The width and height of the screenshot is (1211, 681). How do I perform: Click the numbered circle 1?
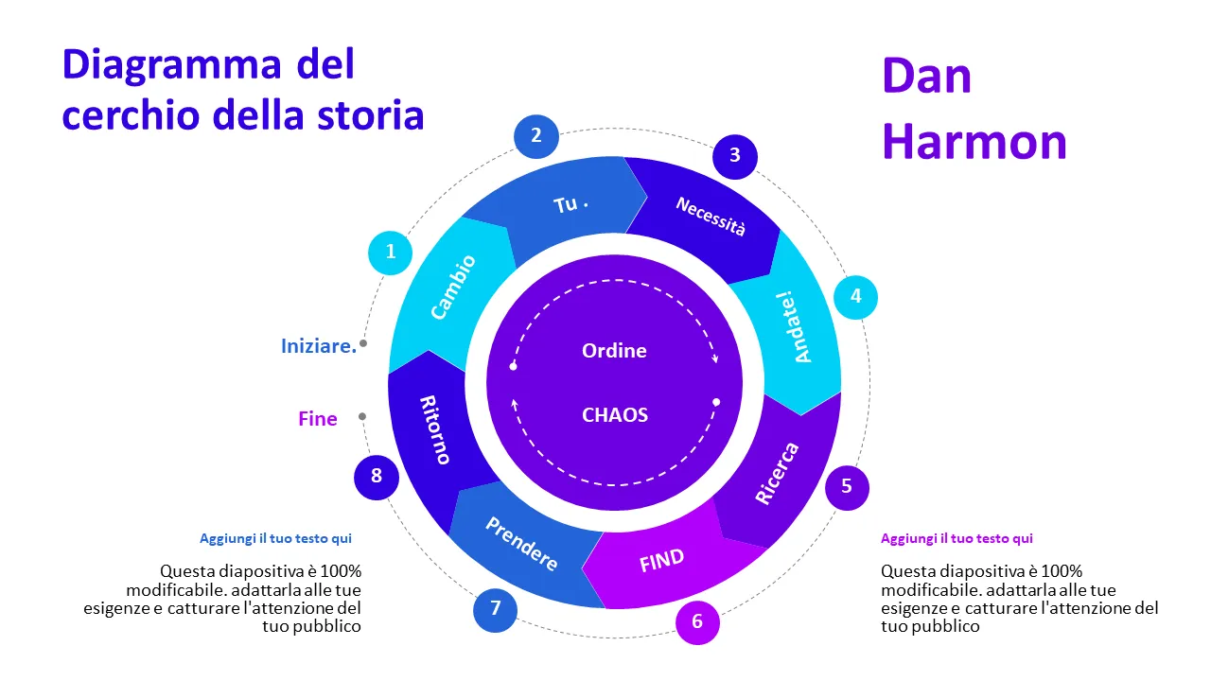tap(391, 253)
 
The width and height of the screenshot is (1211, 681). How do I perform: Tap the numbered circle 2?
tap(536, 135)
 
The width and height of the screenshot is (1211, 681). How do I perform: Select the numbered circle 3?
tap(735, 155)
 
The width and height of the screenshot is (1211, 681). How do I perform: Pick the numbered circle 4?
tap(855, 296)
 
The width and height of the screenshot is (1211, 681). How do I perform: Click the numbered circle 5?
tap(847, 486)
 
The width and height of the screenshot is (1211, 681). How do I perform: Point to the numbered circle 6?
tap(697, 621)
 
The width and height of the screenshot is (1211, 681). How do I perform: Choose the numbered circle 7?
tap(495, 609)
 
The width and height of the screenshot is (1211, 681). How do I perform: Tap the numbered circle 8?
tap(377, 476)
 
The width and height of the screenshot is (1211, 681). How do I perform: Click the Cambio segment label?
tap(453, 287)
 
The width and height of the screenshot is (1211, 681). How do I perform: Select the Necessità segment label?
tap(711, 217)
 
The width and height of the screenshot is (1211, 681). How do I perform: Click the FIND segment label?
tap(661, 561)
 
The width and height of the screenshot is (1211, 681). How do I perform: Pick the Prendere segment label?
tap(521, 543)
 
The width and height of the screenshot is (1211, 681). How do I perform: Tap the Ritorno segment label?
tap(435, 429)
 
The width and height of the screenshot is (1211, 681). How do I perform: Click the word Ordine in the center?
tap(614, 351)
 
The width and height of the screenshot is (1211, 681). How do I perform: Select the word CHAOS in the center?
tap(615, 414)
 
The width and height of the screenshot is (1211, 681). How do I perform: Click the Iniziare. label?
tap(319, 346)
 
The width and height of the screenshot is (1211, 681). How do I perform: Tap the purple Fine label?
tap(318, 419)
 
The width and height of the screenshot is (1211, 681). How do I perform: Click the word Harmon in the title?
tap(974, 142)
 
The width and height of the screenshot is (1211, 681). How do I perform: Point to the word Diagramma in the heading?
tap(171, 64)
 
